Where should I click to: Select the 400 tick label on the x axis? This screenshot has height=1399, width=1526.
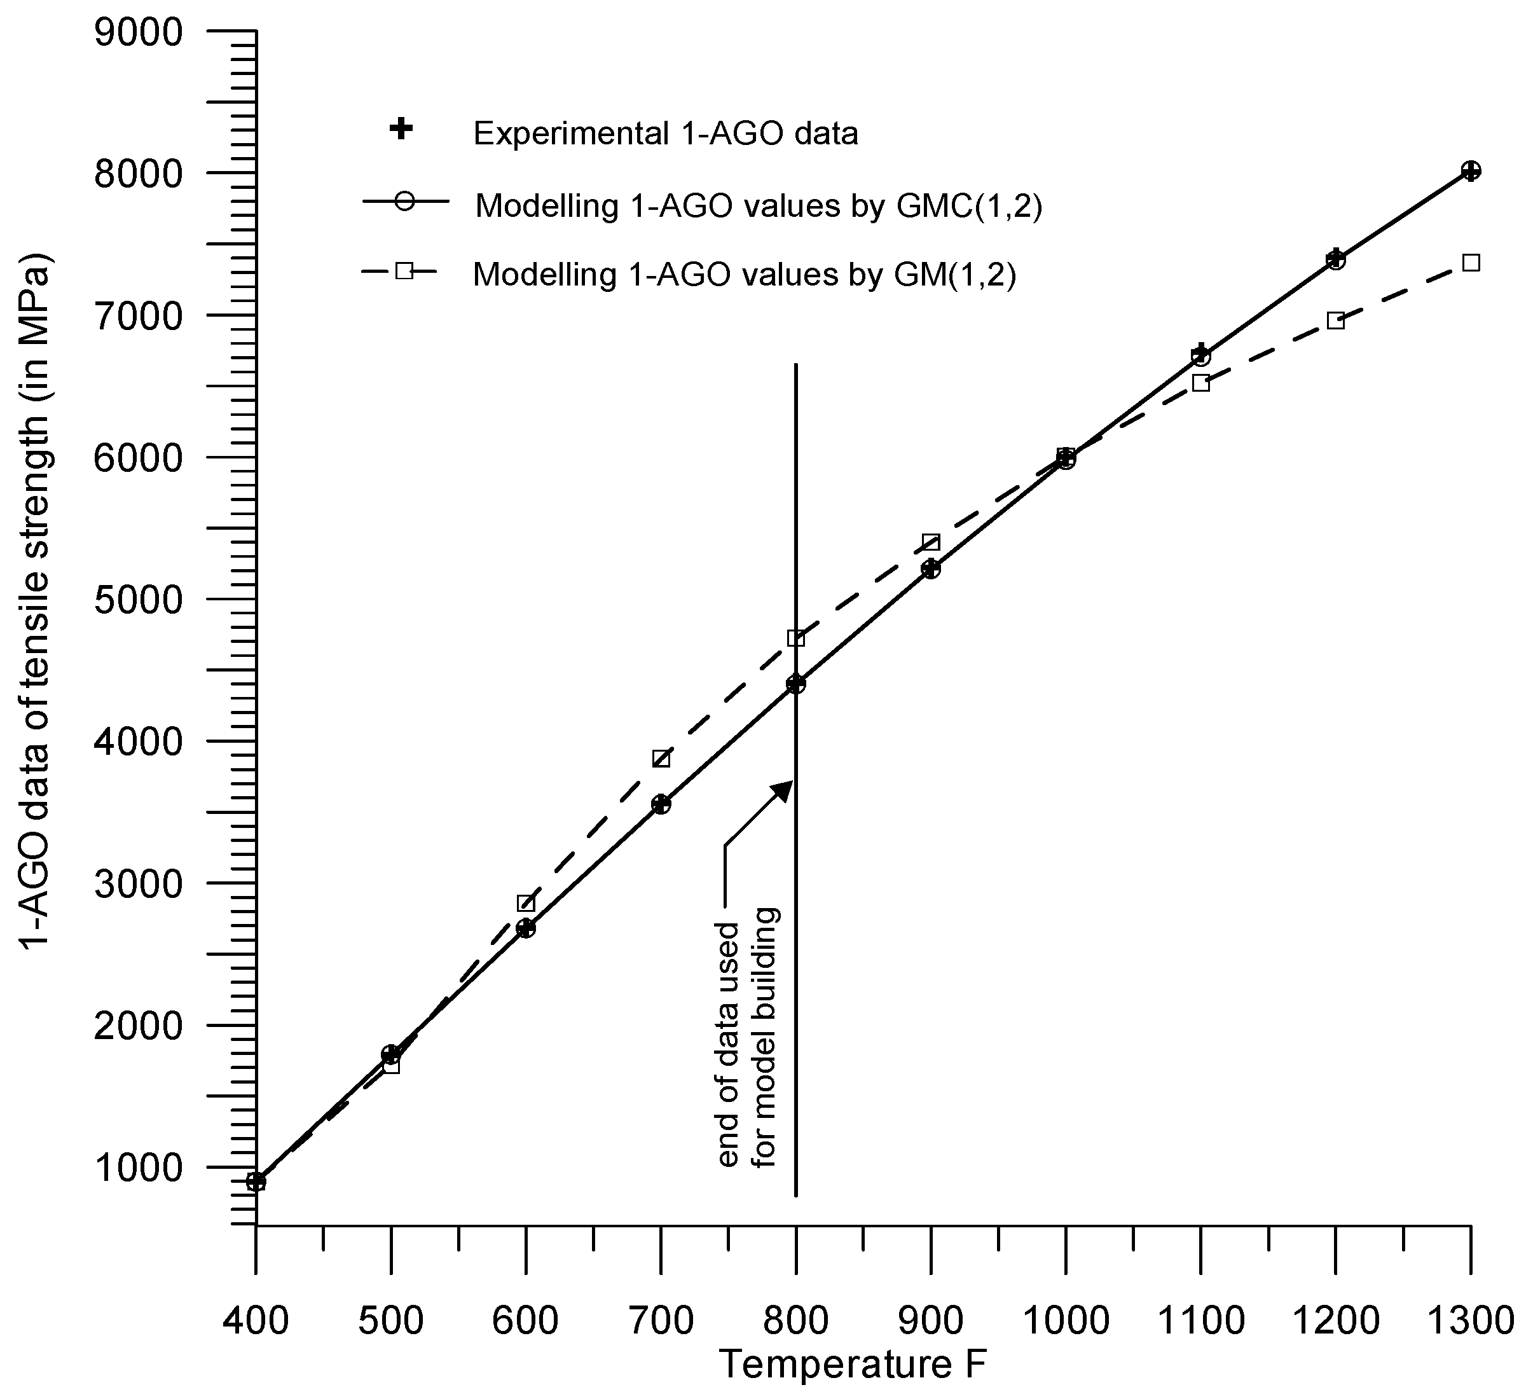[x=256, y=1321]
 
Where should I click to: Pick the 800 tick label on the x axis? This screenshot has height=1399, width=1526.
[x=795, y=1321]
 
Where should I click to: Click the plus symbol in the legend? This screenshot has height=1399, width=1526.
[x=401, y=130]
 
